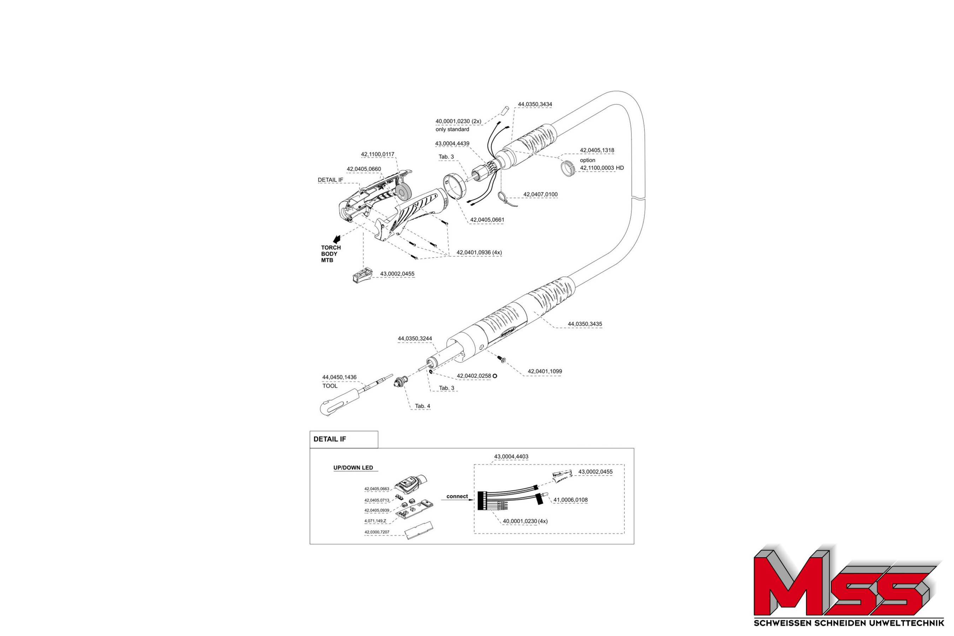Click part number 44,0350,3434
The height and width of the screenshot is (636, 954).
click(535, 104)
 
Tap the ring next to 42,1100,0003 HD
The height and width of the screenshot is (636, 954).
click(568, 168)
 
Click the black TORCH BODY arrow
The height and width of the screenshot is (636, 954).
click(336, 239)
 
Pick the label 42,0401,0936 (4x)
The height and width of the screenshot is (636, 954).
click(479, 252)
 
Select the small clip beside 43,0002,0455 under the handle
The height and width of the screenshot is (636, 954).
click(362, 276)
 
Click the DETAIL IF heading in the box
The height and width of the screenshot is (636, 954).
click(329, 439)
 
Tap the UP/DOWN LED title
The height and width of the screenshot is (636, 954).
click(353, 468)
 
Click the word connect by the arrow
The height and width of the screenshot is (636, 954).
click(457, 496)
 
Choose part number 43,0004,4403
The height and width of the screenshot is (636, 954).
click(511, 456)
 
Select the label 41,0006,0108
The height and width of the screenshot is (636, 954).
click(570, 500)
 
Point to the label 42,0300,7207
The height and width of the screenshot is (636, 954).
click(376, 532)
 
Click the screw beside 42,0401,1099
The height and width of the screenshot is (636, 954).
click(502, 359)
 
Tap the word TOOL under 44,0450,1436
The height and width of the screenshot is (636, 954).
click(330, 386)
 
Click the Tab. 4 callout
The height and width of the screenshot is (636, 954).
click(422, 406)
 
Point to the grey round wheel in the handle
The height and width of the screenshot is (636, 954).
click(403, 192)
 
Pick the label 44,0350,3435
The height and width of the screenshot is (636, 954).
click(584, 324)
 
